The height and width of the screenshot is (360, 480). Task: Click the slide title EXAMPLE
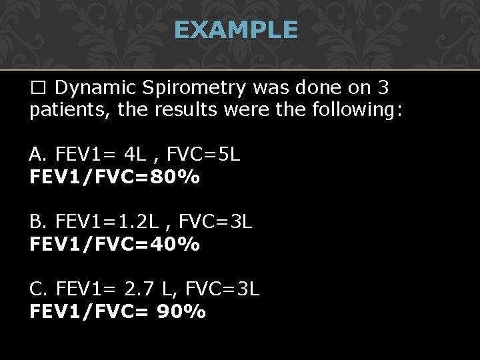click(235, 30)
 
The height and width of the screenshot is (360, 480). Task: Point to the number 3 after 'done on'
click(382, 88)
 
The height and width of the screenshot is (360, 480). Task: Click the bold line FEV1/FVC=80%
click(114, 178)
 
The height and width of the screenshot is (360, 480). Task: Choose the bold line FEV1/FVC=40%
click(114, 245)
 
